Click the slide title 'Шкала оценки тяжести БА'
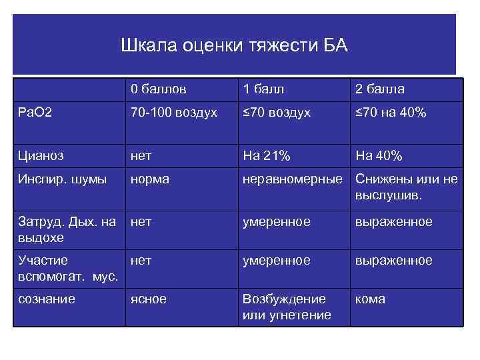point(234,47)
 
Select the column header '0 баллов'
point(158,89)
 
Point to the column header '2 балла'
point(380,89)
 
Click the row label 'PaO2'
point(32,113)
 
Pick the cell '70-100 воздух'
point(173,113)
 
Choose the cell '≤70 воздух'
point(277,113)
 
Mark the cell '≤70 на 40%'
point(391,113)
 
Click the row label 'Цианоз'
point(40,155)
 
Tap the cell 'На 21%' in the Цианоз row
point(267,155)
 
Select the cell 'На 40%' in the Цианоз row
point(379,155)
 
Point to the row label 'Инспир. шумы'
point(53,179)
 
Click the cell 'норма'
point(150,179)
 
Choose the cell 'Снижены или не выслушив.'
point(407,187)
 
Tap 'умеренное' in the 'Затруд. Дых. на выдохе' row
point(276,221)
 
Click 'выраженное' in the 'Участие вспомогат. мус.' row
point(393,260)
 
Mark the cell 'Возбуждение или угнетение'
point(287,307)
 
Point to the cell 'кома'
point(370,299)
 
